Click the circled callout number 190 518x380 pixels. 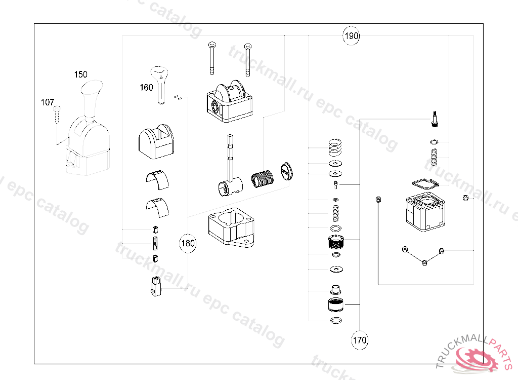[x=351, y=36]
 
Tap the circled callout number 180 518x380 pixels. [x=188, y=244]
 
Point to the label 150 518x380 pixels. [x=80, y=74]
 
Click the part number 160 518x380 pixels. [x=146, y=88]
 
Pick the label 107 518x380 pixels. [x=48, y=102]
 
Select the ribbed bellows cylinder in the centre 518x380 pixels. [x=262, y=179]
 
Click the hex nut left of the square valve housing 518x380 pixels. [x=378, y=199]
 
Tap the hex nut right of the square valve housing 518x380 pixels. [x=465, y=198]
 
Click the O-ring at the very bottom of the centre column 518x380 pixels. [x=334, y=320]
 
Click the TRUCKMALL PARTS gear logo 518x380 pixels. [x=476, y=357]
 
